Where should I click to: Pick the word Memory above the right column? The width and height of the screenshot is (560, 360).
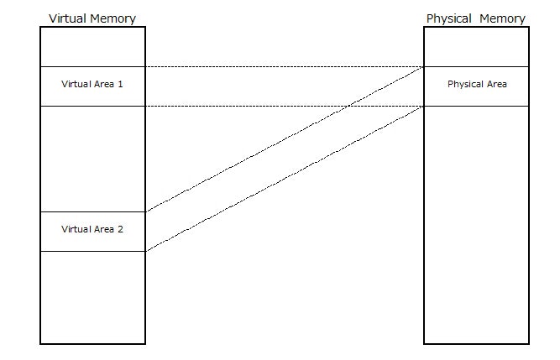tap(503, 18)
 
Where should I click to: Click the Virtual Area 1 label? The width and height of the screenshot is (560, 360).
tap(92, 85)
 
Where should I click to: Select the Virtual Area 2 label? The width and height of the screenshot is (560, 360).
tap(92, 228)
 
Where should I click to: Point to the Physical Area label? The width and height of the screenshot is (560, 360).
tap(477, 85)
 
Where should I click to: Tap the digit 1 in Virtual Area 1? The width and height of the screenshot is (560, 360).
tap(121, 85)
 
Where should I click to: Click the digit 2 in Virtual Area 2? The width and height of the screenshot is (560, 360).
tap(121, 228)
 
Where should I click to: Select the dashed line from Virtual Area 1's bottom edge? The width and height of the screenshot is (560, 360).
tap(252, 106)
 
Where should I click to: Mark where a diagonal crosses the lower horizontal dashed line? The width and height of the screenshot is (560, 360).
tap(348, 106)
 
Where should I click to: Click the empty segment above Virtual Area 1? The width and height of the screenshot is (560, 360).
tap(92, 47)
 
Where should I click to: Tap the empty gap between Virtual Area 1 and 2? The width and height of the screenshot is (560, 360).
tap(92, 159)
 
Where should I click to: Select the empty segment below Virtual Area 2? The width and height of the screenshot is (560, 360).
tap(92, 297)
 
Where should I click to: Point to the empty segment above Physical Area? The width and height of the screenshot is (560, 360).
tap(477, 47)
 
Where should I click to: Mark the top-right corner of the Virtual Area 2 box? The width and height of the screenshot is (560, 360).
tap(145, 211)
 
